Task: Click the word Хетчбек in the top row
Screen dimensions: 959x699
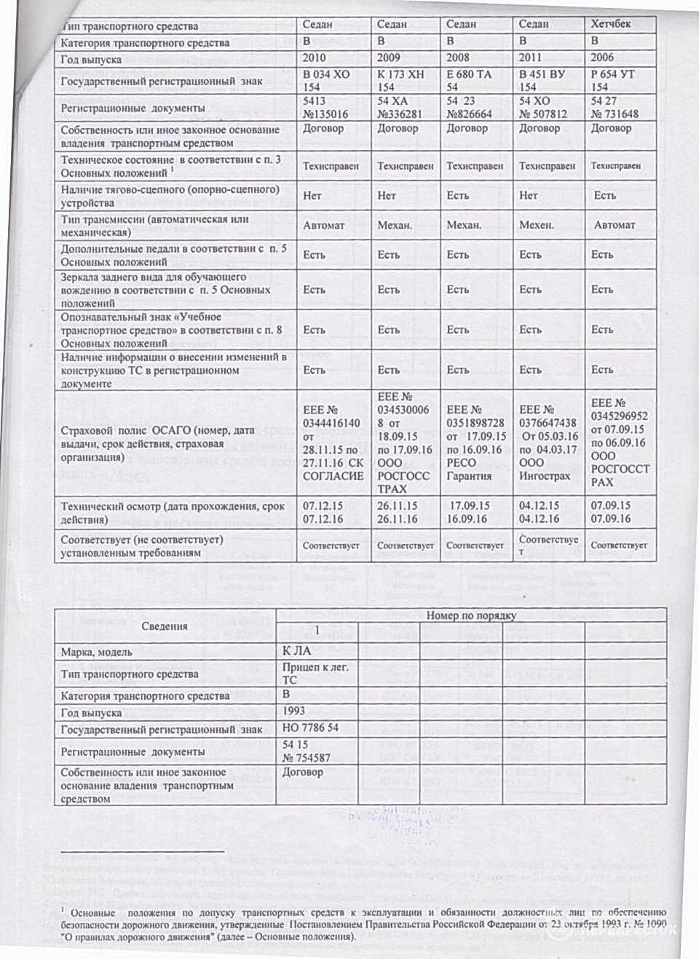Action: coord(611,24)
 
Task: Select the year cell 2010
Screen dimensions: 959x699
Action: coord(315,58)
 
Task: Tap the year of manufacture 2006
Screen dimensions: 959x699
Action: coord(602,57)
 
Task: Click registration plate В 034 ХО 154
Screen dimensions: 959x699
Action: coord(325,80)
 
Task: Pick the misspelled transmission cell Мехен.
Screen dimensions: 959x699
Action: coord(537,225)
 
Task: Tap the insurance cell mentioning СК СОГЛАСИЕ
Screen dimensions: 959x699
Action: coord(333,443)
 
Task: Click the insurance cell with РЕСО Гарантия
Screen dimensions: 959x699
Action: coord(475,443)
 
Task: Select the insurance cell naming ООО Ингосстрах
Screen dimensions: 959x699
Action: coord(547,443)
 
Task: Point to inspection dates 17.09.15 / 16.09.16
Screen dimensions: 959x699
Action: coord(470,512)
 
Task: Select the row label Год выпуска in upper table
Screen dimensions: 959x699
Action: coord(91,60)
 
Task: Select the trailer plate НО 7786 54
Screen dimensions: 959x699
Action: coord(310,728)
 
